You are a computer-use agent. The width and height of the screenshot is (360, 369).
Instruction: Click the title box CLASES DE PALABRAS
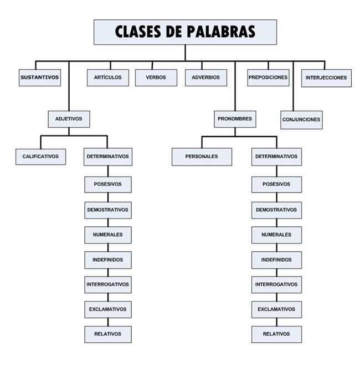tap(185, 32)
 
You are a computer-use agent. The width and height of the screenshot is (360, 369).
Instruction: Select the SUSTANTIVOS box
tap(39, 77)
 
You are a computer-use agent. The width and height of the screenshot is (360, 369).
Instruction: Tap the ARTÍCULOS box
tap(108, 77)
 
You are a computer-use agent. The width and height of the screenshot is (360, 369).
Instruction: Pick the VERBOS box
tap(156, 77)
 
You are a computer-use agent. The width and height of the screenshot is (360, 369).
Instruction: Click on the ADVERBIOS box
tap(205, 77)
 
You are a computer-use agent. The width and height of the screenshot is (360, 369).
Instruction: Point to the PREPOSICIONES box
tap(268, 77)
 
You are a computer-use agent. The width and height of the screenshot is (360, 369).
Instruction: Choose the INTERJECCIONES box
tap(326, 77)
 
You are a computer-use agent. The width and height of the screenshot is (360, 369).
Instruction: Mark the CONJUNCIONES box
tap(301, 119)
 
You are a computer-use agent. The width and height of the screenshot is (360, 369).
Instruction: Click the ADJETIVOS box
tap(69, 118)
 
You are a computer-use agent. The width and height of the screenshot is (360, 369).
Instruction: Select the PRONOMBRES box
tap(235, 118)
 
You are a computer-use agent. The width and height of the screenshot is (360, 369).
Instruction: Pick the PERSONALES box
tap(202, 157)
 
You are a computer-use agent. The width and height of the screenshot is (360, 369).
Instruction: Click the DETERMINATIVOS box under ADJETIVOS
tap(108, 157)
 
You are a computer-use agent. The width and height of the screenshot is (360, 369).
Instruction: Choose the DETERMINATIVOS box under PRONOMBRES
tap(276, 157)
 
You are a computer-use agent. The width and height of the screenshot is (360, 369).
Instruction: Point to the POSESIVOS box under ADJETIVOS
tap(108, 184)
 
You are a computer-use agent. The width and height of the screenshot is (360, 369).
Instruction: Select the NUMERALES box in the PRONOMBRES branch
tap(276, 235)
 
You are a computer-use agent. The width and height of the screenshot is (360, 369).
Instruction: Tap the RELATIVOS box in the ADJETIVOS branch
tap(108, 334)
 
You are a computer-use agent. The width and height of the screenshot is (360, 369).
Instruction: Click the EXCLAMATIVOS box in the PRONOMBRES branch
tap(276, 309)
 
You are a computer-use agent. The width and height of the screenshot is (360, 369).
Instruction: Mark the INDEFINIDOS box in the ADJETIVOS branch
tap(108, 259)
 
